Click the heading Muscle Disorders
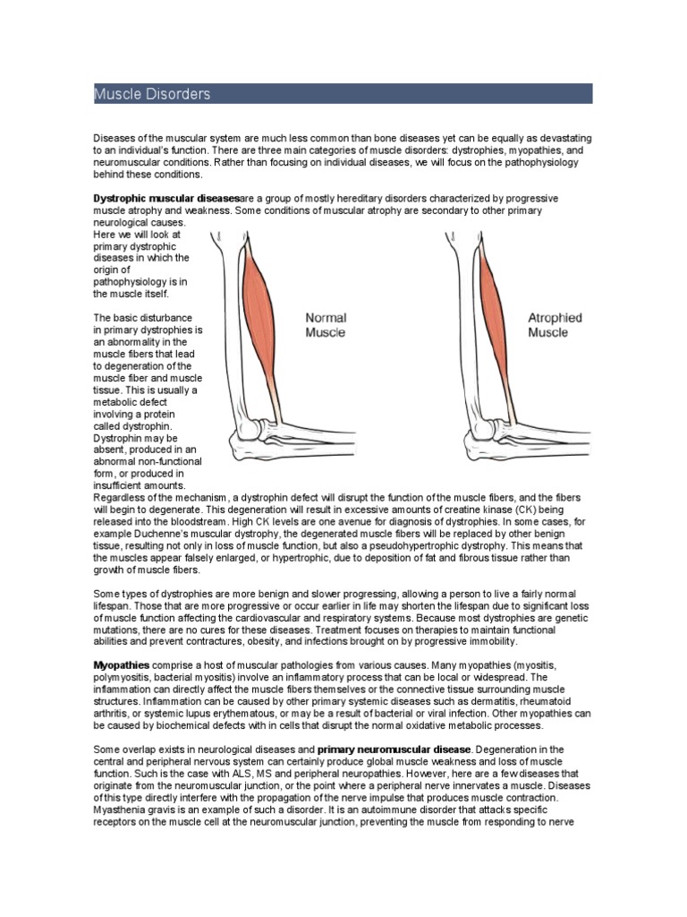(152, 94)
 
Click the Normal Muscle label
(326, 324)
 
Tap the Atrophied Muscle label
(555, 324)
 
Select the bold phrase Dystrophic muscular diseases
(166, 198)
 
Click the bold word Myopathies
(122, 665)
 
